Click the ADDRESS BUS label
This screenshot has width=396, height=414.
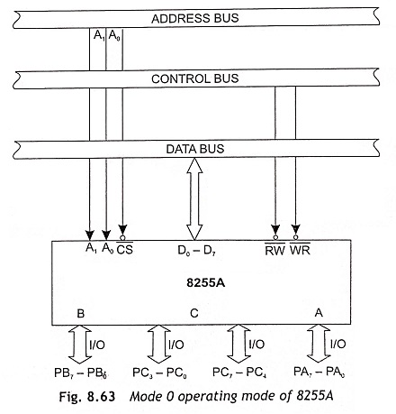pyautogui.click(x=195, y=18)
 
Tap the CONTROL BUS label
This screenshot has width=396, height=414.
pyautogui.click(x=195, y=78)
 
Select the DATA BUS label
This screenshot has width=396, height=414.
pyautogui.click(x=195, y=149)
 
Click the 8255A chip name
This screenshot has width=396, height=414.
pyautogui.click(x=205, y=283)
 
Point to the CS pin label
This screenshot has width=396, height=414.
pyautogui.click(x=124, y=249)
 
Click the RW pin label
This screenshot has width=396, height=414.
pyautogui.click(x=274, y=250)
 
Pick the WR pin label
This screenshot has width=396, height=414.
pyautogui.click(x=300, y=250)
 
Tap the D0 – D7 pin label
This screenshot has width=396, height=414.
pyautogui.click(x=196, y=251)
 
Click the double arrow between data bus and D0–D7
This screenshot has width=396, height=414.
pyautogui.click(x=194, y=199)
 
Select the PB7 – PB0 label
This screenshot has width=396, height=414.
pyautogui.click(x=80, y=373)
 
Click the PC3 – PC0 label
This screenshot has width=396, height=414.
pyautogui.click(x=159, y=373)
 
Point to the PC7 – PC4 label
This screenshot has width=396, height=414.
pyautogui.click(x=239, y=373)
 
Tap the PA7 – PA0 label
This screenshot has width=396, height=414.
pyautogui.click(x=319, y=372)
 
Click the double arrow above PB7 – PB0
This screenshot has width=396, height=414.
pyautogui.click(x=80, y=345)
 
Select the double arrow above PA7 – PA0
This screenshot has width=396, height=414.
pyautogui.click(x=319, y=344)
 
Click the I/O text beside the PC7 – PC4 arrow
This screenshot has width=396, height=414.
pyautogui.click(x=256, y=344)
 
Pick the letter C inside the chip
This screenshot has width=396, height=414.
pyautogui.click(x=194, y=313)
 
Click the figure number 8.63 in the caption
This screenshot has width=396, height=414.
pyautogui.click(x=101, y=397)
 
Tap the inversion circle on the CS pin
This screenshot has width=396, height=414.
pyautogui.click(x=122, y=238)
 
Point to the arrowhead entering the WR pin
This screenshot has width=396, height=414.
pyautogui.click(x=296, y=230)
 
